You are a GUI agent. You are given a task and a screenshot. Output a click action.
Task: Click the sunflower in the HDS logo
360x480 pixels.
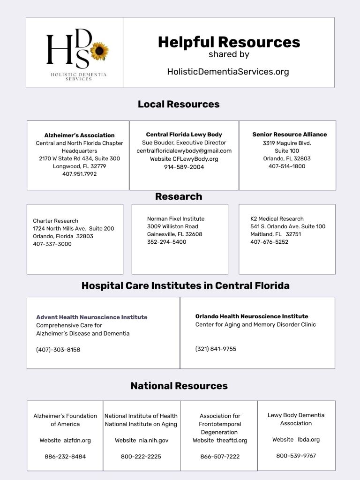point(99,51)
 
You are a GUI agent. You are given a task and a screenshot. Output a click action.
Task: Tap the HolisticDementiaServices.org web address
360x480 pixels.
point(228,72)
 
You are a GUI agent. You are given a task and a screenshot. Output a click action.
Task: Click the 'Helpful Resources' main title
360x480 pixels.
point(229,42)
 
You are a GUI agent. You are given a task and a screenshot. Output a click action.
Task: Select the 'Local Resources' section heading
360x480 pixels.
point(179,104)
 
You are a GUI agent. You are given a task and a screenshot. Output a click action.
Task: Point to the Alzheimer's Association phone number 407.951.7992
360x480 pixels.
point(79,174)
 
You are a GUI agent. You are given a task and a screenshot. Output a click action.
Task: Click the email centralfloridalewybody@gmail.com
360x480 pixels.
point(184,151)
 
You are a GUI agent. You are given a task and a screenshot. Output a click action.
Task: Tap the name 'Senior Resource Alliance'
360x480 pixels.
point(289,135)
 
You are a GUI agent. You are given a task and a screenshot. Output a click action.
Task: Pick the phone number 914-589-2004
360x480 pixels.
point(184,167)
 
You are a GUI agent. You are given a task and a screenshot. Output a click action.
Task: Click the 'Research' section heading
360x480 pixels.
point(179,196)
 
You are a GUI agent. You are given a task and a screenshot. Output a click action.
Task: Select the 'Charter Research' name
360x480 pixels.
point(55,221)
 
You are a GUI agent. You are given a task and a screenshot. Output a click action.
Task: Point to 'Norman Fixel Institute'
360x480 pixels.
point(176,219)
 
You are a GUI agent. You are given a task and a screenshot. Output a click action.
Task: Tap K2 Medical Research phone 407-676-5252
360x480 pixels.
point(269,242)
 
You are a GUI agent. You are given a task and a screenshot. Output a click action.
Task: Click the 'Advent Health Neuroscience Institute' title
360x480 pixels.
point(91,317)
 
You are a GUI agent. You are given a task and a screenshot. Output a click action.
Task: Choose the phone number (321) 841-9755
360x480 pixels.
point(216,349)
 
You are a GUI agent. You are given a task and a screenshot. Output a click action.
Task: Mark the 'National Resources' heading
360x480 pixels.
point(179,386)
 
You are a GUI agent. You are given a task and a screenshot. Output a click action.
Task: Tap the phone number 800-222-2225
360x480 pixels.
point(141,456)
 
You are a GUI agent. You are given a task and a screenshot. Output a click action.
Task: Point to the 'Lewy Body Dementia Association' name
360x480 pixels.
point(296,419)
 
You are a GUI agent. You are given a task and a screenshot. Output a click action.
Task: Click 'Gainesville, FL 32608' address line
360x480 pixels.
point(174,234)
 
